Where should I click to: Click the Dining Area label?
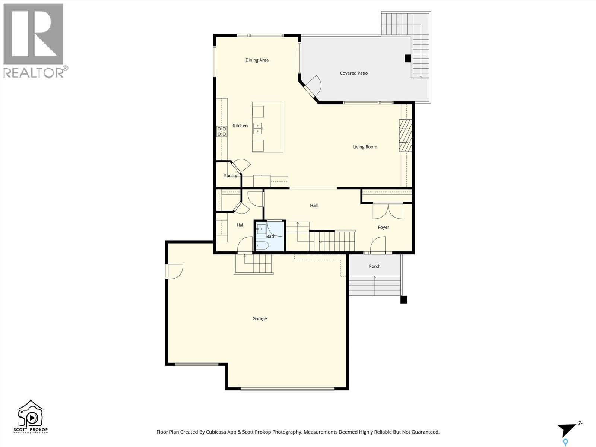(x=257, y=60)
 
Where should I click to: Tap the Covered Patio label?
(x=354, y=73)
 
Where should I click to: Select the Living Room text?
(x=365, y=147)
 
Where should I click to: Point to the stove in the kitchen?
(x=222, y=131)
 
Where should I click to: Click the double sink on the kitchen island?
(x=258, y=128)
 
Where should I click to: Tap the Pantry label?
(x=230, y=175)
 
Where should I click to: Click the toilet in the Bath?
(x=262, y=245)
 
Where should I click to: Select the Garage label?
(x=259, y=318)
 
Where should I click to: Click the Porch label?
(x=374, y=266)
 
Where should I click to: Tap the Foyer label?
(x=383, y=227)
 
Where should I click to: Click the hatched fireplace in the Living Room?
(x=405, y=136)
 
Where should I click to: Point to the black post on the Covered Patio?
(x=408, y=58)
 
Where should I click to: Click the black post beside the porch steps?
(x=403, y=299)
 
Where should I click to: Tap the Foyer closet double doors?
(x=388, y=211)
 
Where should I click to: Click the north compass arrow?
(x=568, y=429)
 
